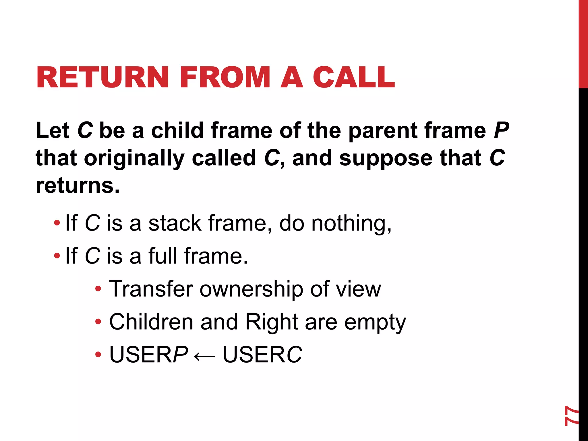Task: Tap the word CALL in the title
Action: (354, 77)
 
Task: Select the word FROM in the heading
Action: (225, 77)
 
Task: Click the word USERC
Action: (262, 355)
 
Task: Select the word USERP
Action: (149, 355)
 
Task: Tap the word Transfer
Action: (151, 289)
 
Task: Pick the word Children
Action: (151, 322)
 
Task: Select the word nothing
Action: (351, 224)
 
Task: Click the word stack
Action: (175, 223)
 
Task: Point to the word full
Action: (163, 256)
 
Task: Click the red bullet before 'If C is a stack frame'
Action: (57, 223)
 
